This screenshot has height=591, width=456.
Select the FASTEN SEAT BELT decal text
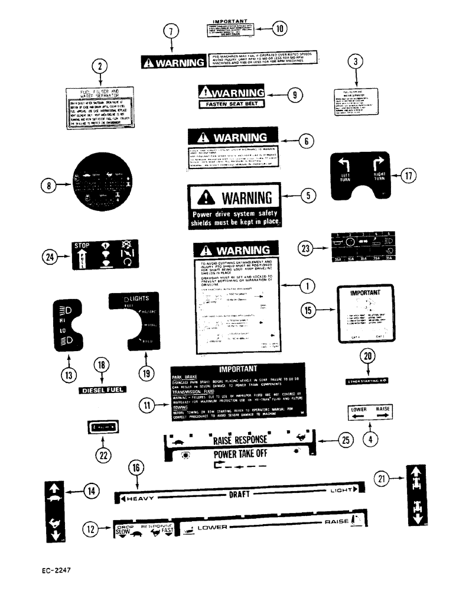click(x=231, y=104)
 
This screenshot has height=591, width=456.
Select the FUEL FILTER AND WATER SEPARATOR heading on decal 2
click(x=101, y=94)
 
